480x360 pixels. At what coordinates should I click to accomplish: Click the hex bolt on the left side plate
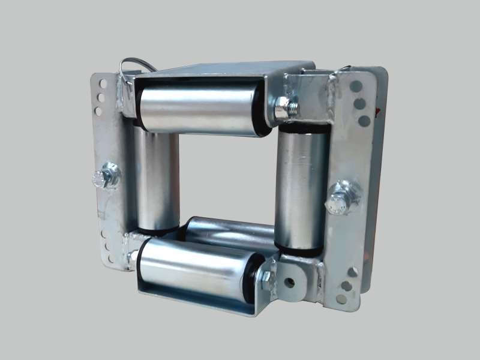102,178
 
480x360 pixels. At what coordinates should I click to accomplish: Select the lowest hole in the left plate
109,259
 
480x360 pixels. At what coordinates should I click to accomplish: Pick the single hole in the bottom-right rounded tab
290,281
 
